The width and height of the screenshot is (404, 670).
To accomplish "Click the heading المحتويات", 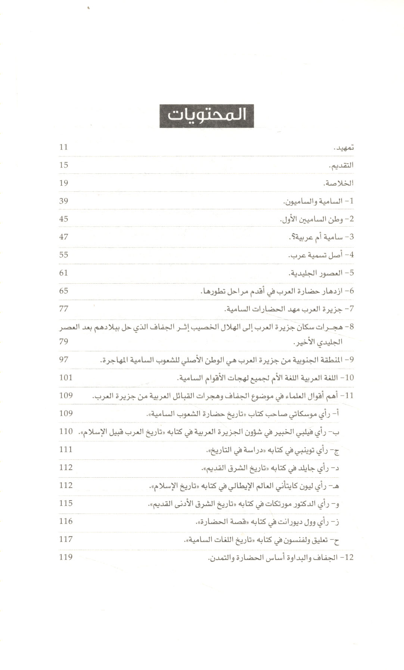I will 206,115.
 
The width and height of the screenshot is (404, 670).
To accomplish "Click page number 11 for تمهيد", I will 63,147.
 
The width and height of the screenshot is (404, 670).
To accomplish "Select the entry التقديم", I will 341,166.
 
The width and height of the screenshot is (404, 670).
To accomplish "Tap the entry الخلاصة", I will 339,183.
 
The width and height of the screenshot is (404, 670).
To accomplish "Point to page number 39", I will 63,201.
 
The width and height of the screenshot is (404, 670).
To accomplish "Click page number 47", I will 63,237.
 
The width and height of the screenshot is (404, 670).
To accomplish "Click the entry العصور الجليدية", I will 321,273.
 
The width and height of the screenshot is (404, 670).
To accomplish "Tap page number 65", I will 63,291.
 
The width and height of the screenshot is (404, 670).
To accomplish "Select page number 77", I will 63,309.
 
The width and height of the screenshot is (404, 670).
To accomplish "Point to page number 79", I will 63,342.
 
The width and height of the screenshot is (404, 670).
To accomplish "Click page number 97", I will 63,359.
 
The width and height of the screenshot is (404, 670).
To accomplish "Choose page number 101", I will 66,377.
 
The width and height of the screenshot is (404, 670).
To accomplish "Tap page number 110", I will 66,431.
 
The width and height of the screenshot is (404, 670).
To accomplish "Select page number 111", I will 66,449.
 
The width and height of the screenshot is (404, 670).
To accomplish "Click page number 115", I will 66,503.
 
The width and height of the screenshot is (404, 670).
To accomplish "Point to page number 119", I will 66,557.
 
